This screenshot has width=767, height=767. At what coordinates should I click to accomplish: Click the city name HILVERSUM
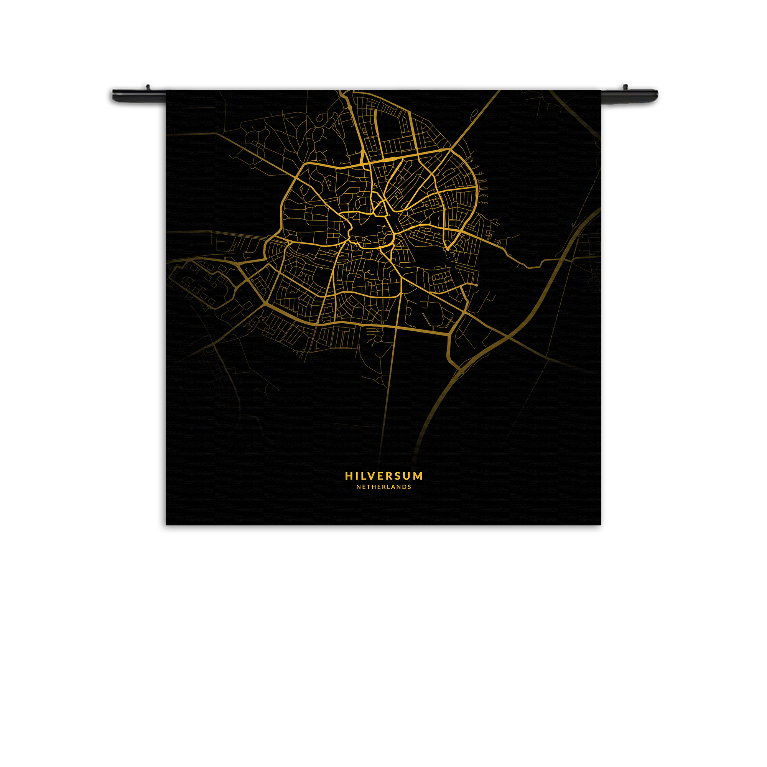(383, 476)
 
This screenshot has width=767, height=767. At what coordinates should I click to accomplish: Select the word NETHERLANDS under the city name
(383, 487)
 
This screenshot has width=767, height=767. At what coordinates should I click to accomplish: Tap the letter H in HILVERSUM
(349, 476)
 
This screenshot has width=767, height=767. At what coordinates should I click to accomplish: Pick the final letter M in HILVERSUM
(418, 476)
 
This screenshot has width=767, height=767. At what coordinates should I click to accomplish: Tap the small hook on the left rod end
(148, 86)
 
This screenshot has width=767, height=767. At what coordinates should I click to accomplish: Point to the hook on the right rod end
(624, 87)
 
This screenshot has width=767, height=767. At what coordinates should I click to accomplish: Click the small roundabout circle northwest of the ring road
(252, 166)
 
